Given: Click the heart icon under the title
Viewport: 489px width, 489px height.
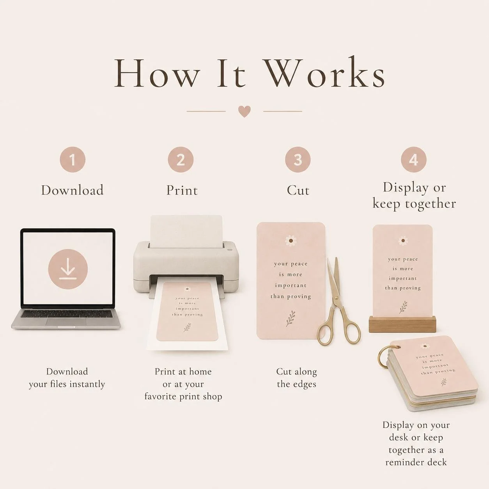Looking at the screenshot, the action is [x=244, y=112].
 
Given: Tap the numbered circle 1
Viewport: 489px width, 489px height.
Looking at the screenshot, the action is [x=73, y=159].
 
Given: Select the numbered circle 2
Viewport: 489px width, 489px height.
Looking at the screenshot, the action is [x=181, y=159].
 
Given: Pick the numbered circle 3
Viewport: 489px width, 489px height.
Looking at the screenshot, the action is [x=298, y=159].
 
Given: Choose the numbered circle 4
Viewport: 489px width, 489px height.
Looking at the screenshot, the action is [x=414, y=159].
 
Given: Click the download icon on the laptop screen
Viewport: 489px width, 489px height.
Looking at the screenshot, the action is [x=68, y=269].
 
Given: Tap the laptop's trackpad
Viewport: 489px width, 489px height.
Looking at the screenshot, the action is [x=66, y=322].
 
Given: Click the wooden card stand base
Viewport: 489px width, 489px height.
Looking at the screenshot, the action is [x=402, y=324].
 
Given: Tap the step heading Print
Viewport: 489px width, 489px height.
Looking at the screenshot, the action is [x=182, y=190].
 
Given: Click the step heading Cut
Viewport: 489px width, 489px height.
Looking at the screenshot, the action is [x=298, y=190].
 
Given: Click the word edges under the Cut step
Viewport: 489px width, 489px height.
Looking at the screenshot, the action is [x=303, y=384].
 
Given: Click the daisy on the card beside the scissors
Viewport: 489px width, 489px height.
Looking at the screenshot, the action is [x=291, y=241].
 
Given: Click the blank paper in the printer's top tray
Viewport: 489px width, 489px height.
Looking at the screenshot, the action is [x=186, y=231].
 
